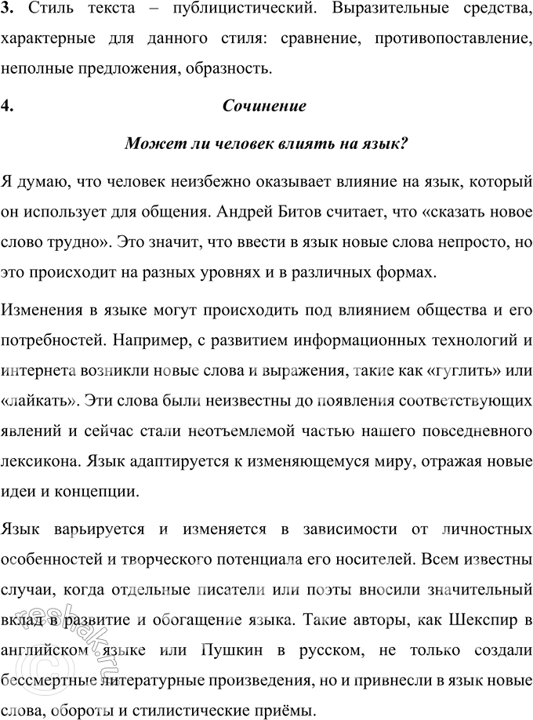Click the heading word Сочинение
pyautogui.click(x=263, y=107)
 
